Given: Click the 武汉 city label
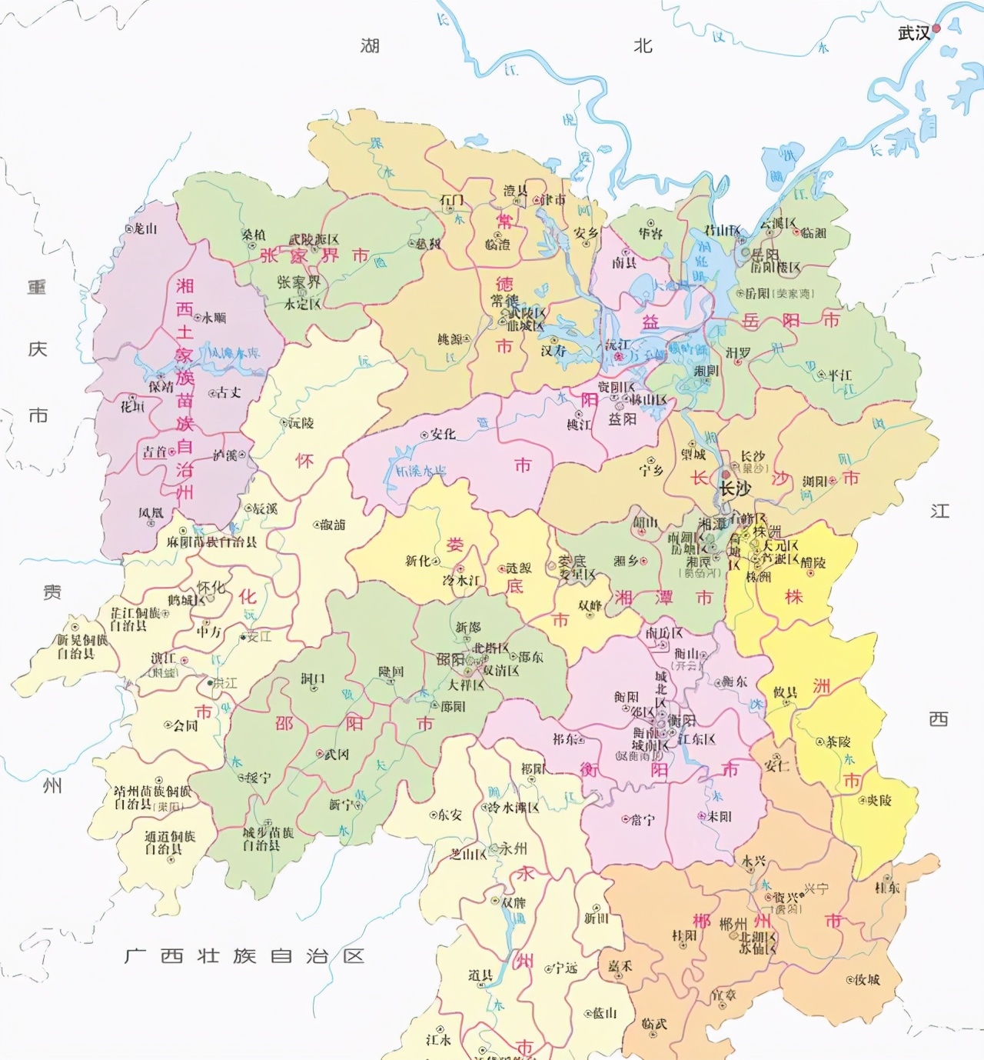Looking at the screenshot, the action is (x=913, y=32).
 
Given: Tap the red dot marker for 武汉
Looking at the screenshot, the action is (x=936, y=29).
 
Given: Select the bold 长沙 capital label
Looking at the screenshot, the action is (x=734, y=488).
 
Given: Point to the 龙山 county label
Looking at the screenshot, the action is (x=145, y=228).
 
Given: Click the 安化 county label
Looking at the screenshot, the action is (x=443, y=435).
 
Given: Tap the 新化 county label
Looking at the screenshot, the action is (x=418, y=561).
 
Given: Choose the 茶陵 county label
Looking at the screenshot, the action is (x=838, y=742).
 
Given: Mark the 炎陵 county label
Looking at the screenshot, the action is (x=879, y=800).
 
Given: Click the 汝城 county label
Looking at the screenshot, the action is (x=866, y=979).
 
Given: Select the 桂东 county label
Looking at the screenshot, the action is (x=887, y=888).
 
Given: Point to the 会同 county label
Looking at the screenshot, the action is (x=185, y=725).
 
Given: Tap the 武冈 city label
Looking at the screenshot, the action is (x=336, y=755).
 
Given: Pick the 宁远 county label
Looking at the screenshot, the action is (x=565, y=968).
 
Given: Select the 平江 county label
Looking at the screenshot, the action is (x=839, y=375).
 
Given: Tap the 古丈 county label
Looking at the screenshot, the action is (x=228, y=392).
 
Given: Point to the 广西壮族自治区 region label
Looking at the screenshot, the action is (x=244, y=956).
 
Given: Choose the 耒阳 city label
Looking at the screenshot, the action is (x=719, y=816).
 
